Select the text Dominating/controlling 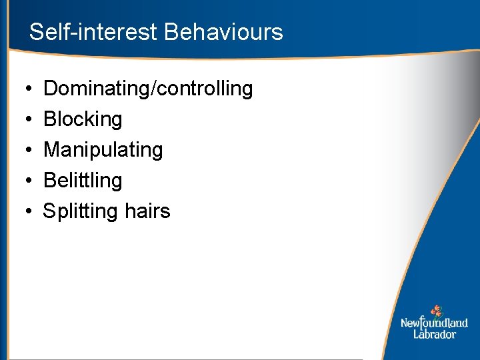[x=148, y=89]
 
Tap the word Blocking [x=83, y=119]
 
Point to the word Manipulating [x=103, y=150]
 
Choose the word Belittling [x=83, y=181]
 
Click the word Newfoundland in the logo [x=434, y=323]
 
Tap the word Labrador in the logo [x=434, y=334]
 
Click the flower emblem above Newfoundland [x=436, y=311]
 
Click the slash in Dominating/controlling [x=153, y=89]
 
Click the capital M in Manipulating [x=51, y=150]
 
